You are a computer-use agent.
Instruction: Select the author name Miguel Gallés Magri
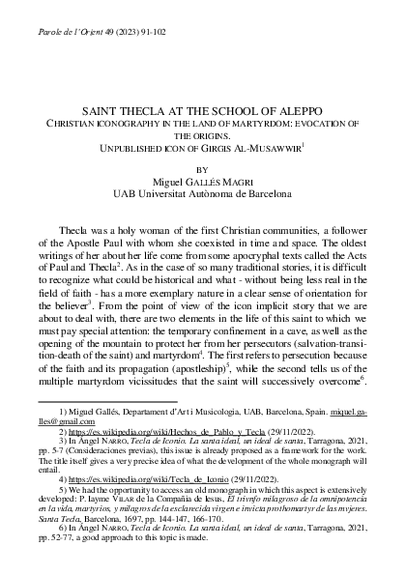[x=201, y=180]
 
